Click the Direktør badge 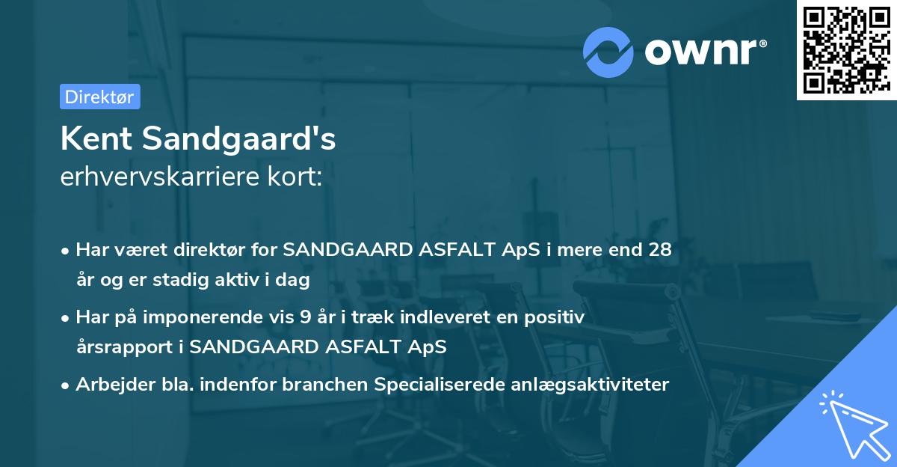click(99, 97)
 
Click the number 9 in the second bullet click(305, 317)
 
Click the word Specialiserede click(431, 385)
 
